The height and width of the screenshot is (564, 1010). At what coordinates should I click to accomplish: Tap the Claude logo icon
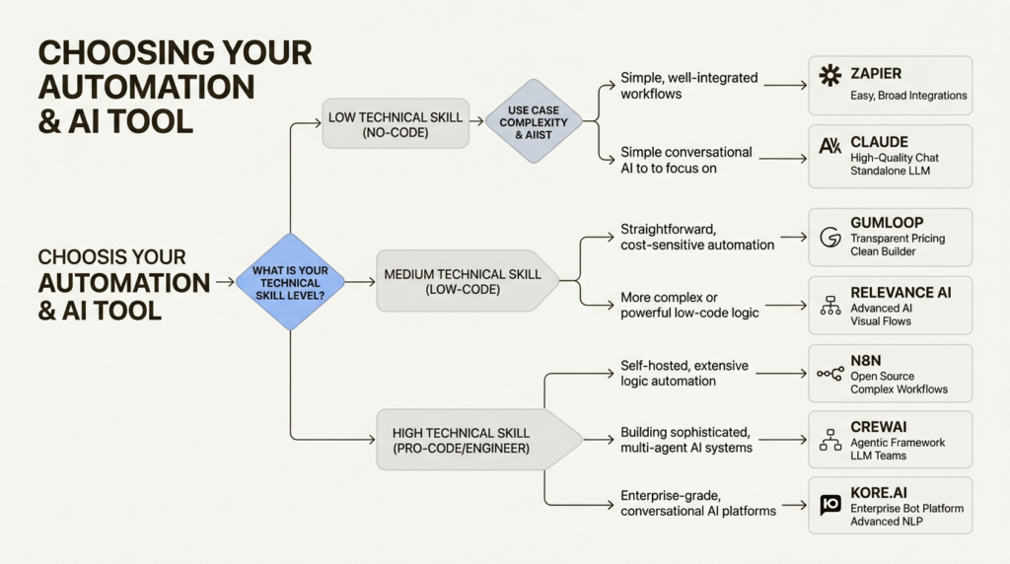(x=830, y=146)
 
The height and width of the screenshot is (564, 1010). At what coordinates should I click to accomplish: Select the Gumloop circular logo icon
(x=829, y=237)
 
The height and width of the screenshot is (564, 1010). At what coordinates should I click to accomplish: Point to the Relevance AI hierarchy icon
(x=829, y=306)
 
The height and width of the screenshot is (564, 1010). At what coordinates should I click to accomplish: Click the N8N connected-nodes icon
(x=830, y=374)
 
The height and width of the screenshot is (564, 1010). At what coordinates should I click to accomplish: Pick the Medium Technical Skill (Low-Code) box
(x=463, y=281)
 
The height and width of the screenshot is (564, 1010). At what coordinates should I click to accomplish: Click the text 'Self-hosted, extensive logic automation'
(x=685, y=374)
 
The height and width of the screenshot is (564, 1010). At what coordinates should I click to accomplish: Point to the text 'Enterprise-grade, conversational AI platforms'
(x=698, y=503)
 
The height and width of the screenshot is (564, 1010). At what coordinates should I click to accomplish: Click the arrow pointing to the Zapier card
(x=785, y=86)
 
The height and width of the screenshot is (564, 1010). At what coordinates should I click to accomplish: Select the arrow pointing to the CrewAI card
(x=785, y=440)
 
